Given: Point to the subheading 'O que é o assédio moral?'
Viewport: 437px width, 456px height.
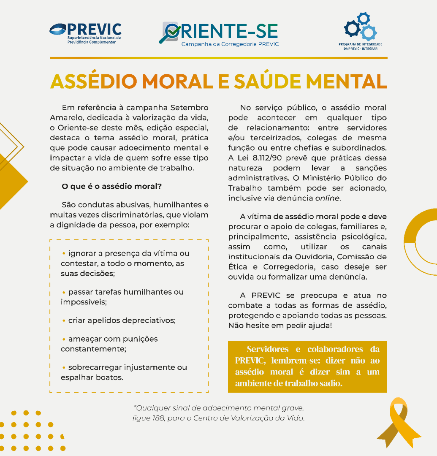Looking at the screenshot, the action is click(111, 186).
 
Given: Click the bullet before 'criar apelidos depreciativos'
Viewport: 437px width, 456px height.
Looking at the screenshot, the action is click(64, 320).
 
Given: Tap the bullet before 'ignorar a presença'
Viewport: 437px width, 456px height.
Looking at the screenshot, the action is click(64, 253).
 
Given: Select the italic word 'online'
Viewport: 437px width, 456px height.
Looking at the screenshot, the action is click(327, 198).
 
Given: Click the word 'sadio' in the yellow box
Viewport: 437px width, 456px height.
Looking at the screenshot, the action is click(329, 383).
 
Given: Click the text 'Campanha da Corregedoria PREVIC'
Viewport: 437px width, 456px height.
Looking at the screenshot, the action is click(230, 44).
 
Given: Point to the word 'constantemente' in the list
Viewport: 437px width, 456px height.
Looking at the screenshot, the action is click(93, 349).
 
